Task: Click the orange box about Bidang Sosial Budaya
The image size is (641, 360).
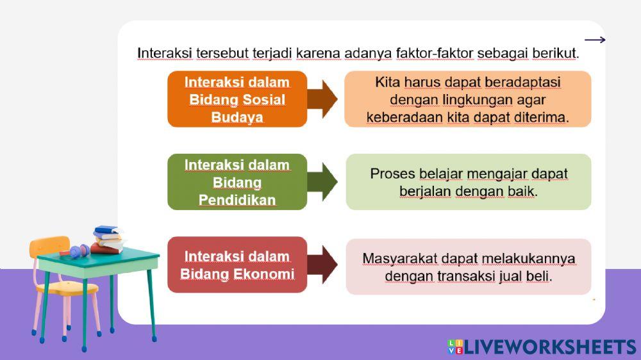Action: point(237,99)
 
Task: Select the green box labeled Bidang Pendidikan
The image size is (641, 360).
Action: point(237,182)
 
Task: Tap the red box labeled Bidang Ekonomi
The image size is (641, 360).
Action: point(237,265)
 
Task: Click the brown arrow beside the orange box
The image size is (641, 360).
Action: point(323,99)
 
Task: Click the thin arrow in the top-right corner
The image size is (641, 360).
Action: point(595,40)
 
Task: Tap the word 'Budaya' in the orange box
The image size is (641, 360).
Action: point(237,118)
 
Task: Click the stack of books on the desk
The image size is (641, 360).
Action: point(107,240)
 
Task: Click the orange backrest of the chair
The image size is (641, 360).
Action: point(49,247)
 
